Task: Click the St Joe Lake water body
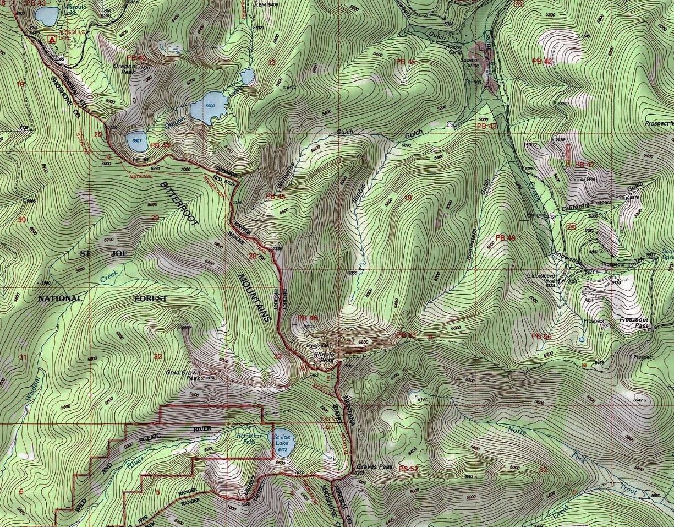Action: click(282, 441)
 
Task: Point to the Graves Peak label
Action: click(374, 466)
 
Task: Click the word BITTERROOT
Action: click(179, 195)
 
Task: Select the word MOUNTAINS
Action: click(255, 297)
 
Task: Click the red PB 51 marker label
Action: click(407, 335)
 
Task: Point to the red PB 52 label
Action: click(408, 469)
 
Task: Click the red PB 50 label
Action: click(541, 336)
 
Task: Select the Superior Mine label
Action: click(470, 62)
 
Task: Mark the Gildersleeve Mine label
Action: click(542, 278)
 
